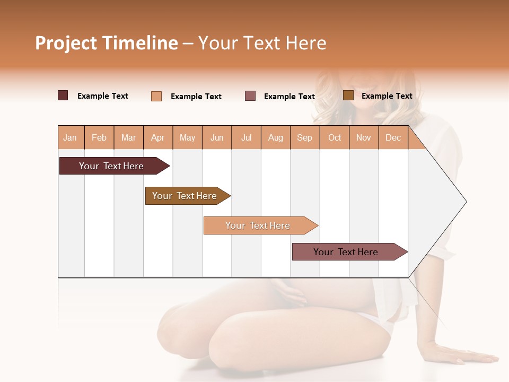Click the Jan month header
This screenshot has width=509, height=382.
coord(71,137)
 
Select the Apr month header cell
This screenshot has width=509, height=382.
coord(158,137)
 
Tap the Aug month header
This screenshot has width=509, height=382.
coord(276,137)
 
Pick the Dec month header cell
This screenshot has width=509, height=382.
coord(393,137)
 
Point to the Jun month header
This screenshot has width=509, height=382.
coord(217,137)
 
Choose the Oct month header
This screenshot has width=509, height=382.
coord(335,137)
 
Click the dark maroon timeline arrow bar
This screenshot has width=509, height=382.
coord(111,166)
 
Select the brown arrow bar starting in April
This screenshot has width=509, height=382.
coord(185,196)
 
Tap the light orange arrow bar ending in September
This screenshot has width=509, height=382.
coord(258,225)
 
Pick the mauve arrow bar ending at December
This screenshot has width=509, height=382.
coord(346,252)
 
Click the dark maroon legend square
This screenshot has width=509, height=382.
coord(63,95)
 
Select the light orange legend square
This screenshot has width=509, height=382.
coord(156,96)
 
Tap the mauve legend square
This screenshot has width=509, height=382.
coord(250,95)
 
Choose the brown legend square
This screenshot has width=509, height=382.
coord(348,95)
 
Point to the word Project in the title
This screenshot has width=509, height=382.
coord(66,43)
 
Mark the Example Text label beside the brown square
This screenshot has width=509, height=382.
coord(387,96)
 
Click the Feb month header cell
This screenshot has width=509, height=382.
coord(99,137)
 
